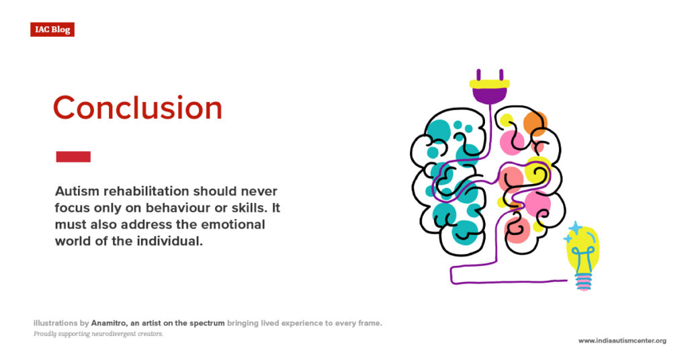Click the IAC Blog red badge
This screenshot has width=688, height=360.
pyautogui.click(x=52, y=30)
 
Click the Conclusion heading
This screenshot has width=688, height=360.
pyautogui.click(x=138, y=108)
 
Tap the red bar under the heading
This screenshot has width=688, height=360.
pyautogui.click(x=73, y=156)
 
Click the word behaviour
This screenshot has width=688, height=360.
pyautogui.click(x=177, y=208)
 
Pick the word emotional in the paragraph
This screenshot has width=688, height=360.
pyautogui.click(x=232, y=224)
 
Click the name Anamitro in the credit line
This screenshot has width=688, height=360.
pyautogui.click(x=110, y=323)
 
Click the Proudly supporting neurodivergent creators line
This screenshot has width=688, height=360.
pyautogui.click(x=98, y=334)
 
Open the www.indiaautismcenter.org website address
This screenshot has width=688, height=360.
pyautogui.click(x=622, y=341)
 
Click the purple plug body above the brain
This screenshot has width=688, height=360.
pyautogui.click(x=490, y=95)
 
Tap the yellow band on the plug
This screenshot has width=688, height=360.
pyautogui.click(x=490, y=84)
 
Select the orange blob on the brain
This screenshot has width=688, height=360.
pyautogui.click(x=535, y=123)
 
